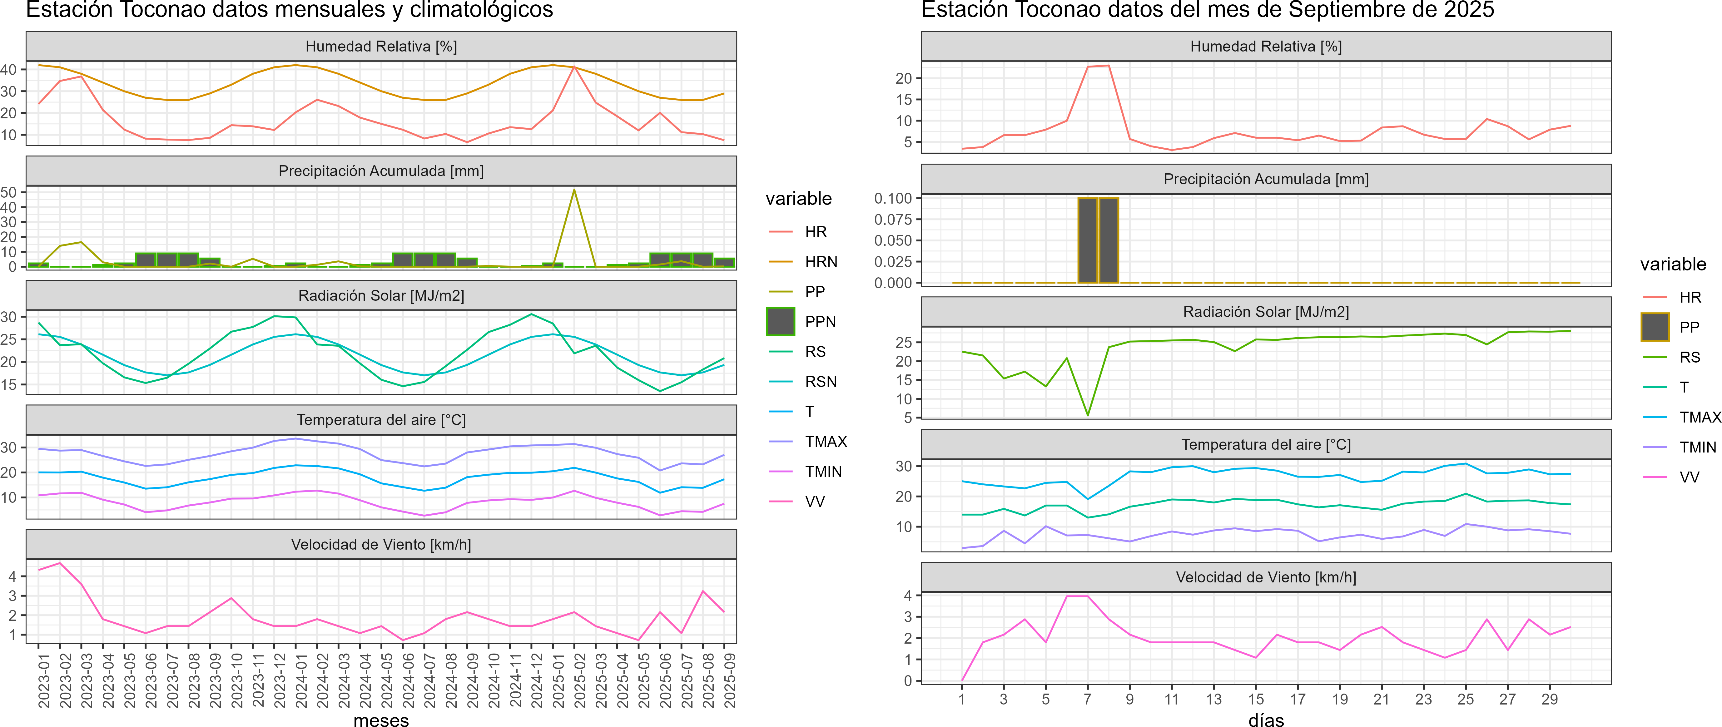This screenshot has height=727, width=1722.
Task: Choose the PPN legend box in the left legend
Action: click(780, 321)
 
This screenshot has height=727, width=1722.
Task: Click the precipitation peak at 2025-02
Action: click(574, 190)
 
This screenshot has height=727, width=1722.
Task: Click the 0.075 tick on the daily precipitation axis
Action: click(893, 219)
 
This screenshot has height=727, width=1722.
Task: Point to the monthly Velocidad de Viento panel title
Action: click(381, 545)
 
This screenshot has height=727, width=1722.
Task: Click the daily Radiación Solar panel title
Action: click(1265, 312)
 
